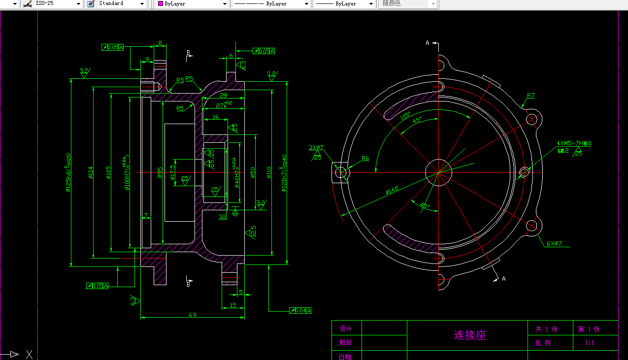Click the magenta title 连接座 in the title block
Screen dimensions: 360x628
[469, 335]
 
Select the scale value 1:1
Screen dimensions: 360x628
[589, 343]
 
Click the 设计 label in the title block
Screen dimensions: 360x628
[346, 328]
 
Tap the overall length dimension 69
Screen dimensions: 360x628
[193, 314]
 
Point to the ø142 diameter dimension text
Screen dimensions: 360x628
[392, 190]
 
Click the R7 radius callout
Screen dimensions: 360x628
[530, 96]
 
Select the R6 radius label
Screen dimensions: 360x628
[365, 159]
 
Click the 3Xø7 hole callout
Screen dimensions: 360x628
[316, 148]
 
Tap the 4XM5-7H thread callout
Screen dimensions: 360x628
[573, 143]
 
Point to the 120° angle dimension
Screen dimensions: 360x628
[405, 117]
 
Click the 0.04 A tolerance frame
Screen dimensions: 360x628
[300, 310]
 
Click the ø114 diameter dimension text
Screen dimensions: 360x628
[91, 172]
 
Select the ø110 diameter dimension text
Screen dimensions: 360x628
[269, 172]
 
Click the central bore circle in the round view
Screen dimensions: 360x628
[438, 172]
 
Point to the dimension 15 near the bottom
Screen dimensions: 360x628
[232, 305]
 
